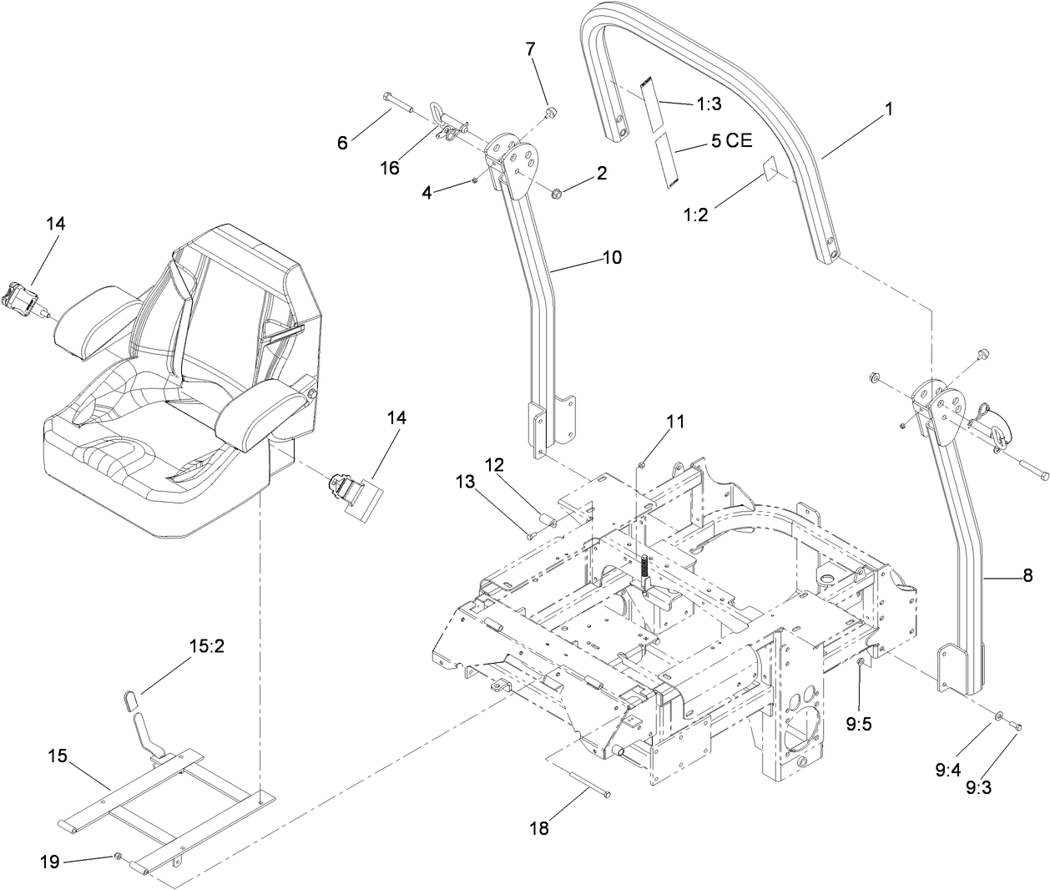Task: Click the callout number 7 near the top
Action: (x=529, y=49)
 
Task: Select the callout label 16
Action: (x=390, y=168)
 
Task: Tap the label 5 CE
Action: (x=731, y=140)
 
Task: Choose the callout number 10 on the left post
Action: (x=612, y=257)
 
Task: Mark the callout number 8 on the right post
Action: (x=1027, y=575)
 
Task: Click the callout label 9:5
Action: (x=858, y=724)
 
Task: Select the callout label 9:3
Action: (x=978, y=786)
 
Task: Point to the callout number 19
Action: (x=50, y=862)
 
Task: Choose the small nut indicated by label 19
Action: (x=119, y=856)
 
